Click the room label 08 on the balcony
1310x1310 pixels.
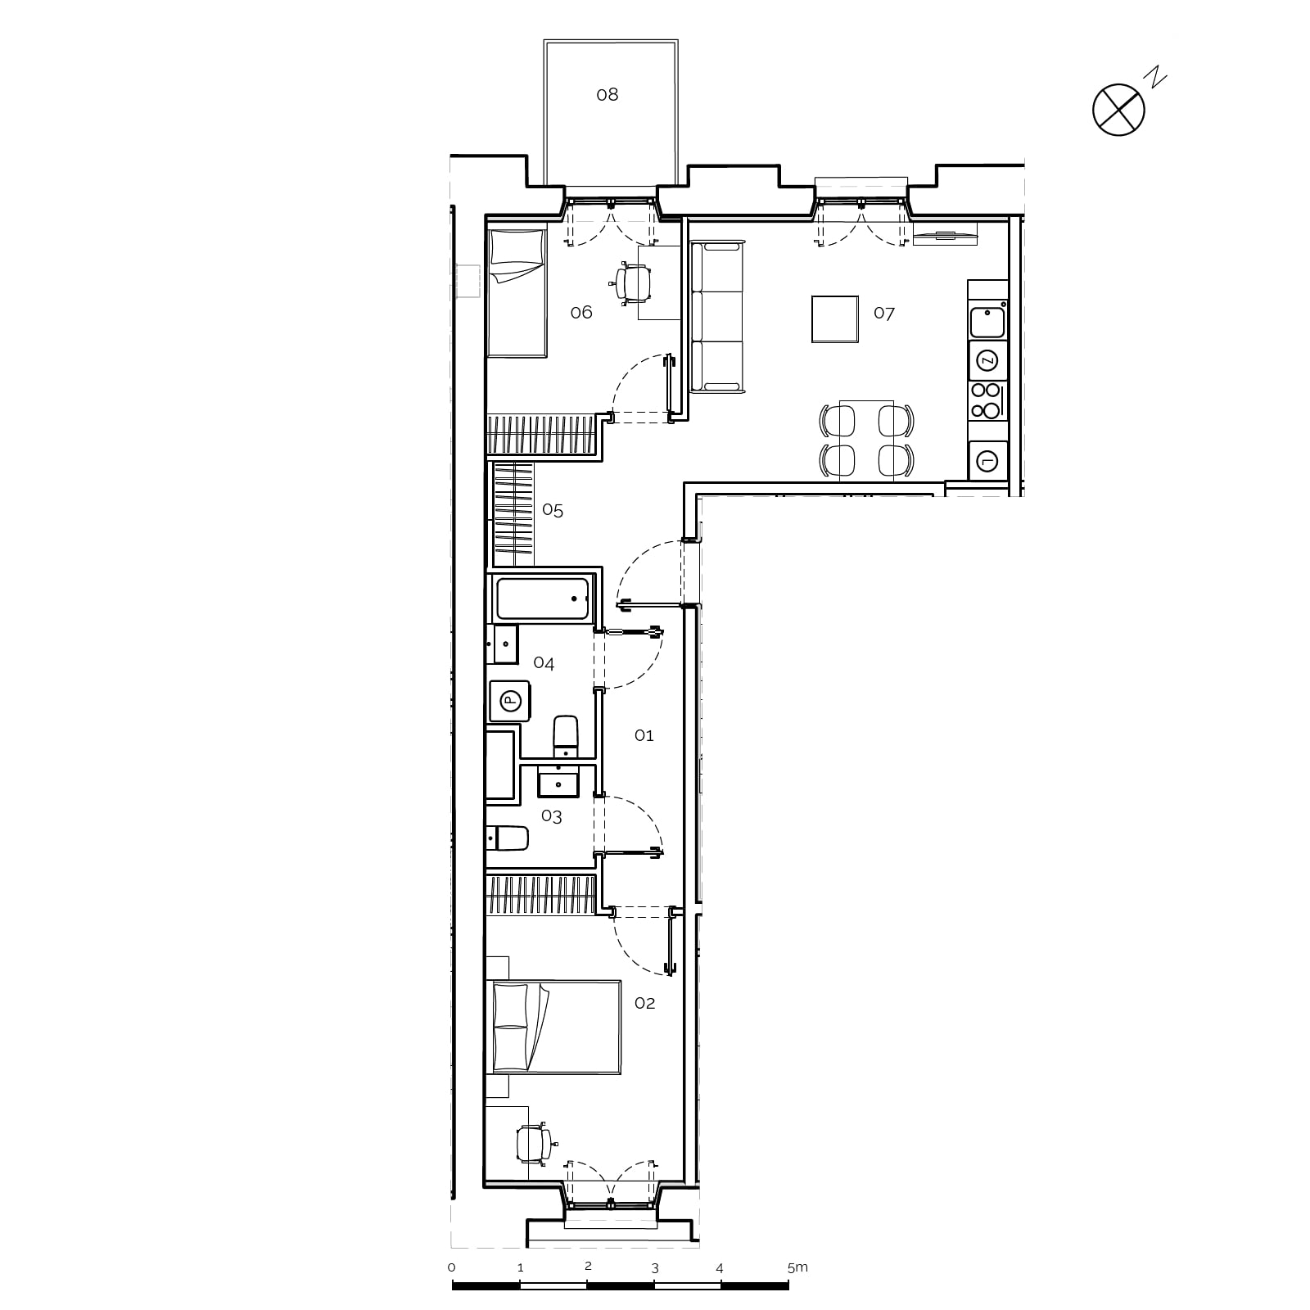[607, 95]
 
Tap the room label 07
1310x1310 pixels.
[884, 313]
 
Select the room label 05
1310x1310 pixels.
[553, 511]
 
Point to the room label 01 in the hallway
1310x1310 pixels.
[644, 735]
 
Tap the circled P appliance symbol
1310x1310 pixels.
[510, 700]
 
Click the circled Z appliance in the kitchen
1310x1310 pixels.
[987, 360]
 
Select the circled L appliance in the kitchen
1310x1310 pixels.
[987, 461]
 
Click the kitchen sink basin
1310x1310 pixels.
[987, 322]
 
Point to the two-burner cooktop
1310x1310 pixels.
[987, 400]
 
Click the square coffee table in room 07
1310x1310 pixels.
[835, 319]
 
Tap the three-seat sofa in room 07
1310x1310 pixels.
[718, 315]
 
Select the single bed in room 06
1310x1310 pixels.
[517, 292]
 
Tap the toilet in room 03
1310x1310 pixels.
[508, 838]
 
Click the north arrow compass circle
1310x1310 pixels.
[1118, 109]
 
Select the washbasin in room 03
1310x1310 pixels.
[558, 782]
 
